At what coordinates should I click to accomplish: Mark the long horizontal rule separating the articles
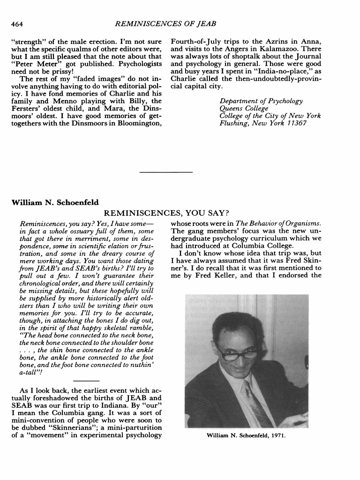coord(166,172)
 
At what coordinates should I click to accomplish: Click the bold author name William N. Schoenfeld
coord(55,202)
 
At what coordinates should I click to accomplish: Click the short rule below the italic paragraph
coord(86,380)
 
